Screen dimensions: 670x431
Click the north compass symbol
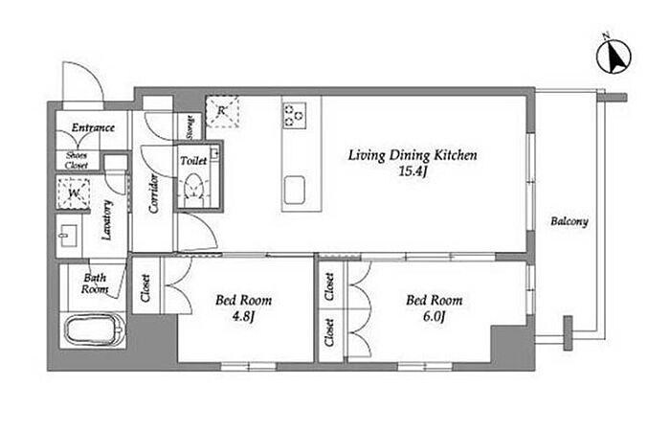tap(614, 56)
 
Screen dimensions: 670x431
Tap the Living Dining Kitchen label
tap(413, 155)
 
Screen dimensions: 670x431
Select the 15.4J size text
tap(413, 171)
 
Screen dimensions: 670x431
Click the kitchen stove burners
tap(294, 116)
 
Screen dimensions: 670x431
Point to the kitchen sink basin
tap(295, 190)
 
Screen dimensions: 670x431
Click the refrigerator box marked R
tap(221, 111)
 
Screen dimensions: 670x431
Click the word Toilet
tap(193, 161)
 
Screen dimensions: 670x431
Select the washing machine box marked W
tap(73, 193)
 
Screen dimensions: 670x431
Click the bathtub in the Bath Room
tap(95, 331)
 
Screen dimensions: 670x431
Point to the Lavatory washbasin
tap(68, 236)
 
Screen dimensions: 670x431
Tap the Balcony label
tap(569, 221)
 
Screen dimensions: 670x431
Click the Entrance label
tap(93, 127)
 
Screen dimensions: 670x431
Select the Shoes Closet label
tap(77, 160)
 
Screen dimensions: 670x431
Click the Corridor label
tap(153, 193)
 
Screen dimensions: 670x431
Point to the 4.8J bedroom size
tap(243, 317)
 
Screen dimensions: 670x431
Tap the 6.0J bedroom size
tap(435, 317)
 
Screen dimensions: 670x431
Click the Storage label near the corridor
tap(190, 127)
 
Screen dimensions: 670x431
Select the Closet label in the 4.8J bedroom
tap(145, 288)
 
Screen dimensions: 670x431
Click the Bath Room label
tap(95, 284)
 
